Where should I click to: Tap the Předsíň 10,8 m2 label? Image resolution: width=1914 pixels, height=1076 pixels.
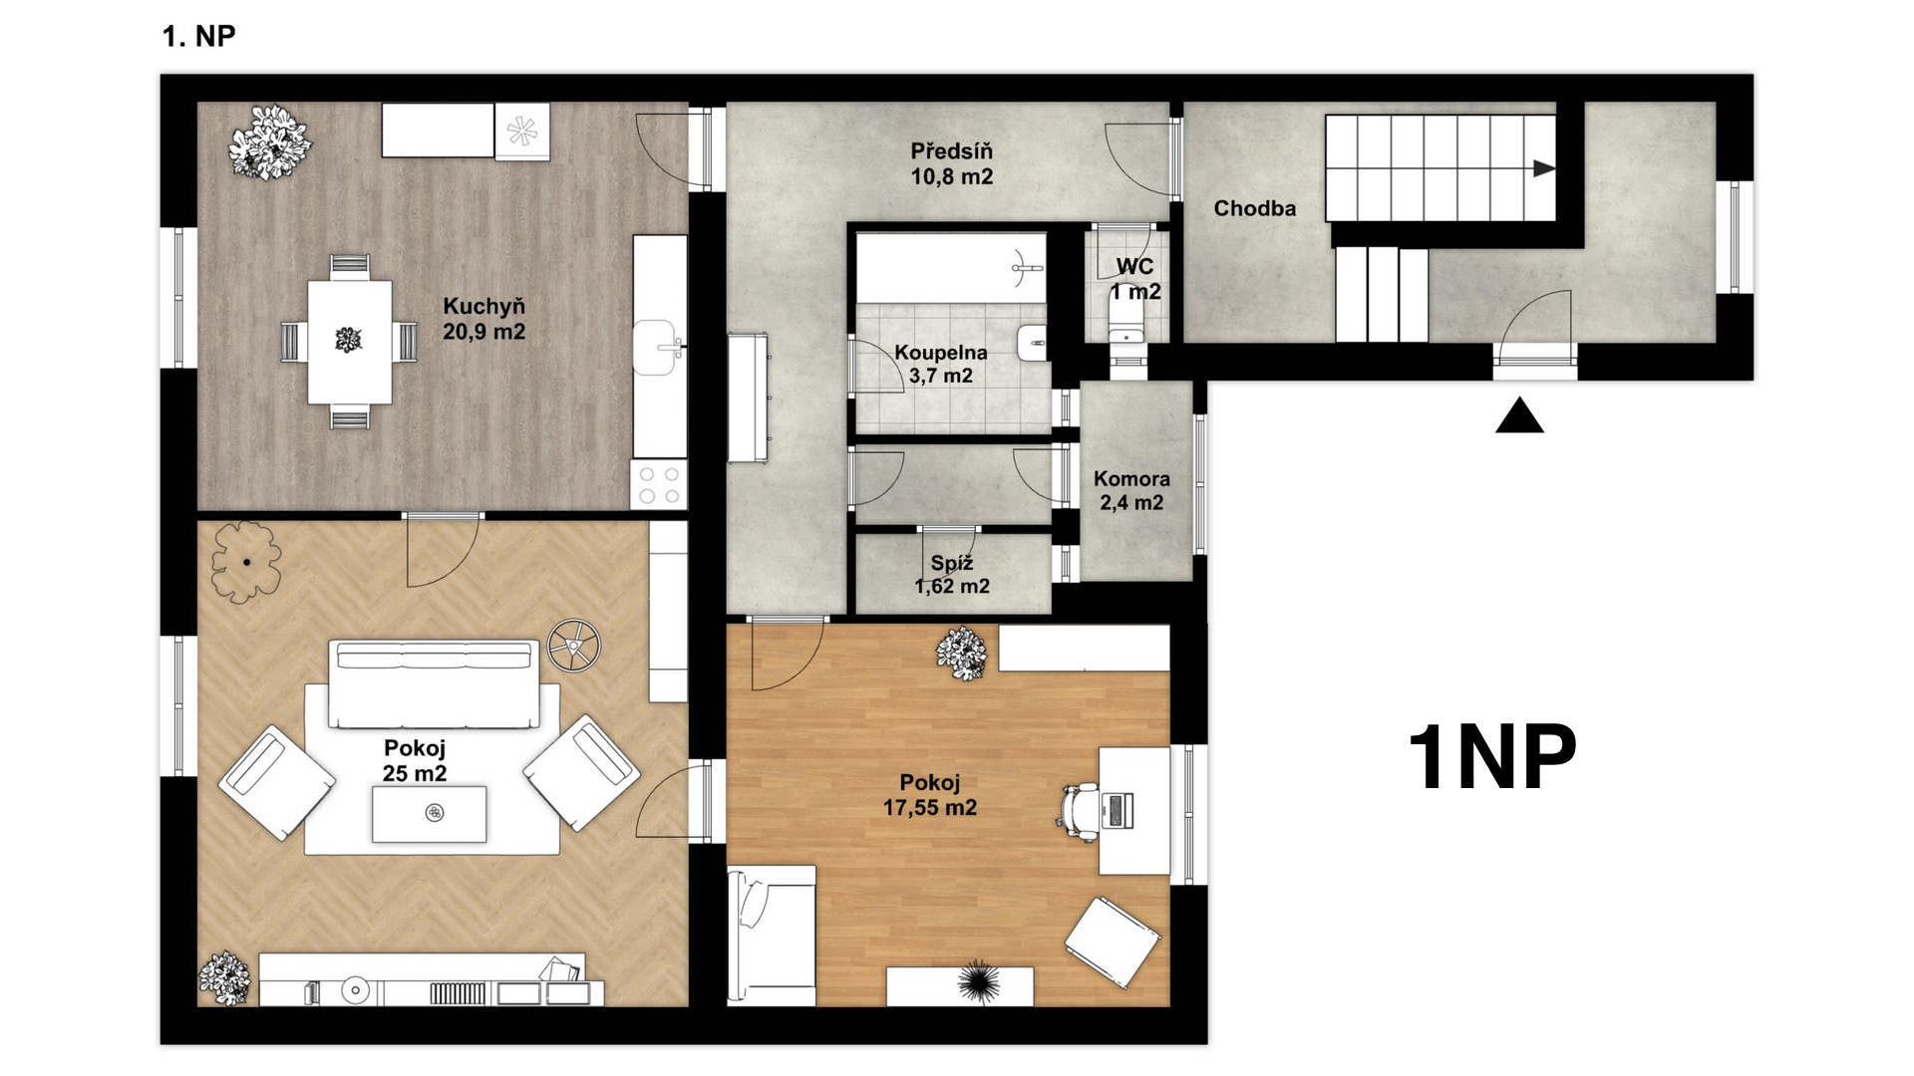pyautogui.click(x=951, y=164)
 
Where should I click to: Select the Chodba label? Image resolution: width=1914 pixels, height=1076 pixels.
pyautogui.click(x=1255, y=208)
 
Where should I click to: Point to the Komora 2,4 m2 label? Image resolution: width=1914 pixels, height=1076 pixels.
pyautogui.click(x=1131, y=490)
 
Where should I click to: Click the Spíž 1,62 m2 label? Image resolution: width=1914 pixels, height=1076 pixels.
pyautogui.click(x=952, y=575)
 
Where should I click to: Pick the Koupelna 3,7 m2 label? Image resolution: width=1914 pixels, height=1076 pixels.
pyautogui.click(x=940, y=364)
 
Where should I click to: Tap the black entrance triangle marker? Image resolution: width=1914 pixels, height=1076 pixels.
pyautogui.click(x=1519, y=415)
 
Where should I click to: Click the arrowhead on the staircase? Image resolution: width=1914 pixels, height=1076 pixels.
pyautogui.click(x=1544, y=168)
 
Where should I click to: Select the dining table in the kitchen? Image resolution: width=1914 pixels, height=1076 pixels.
pyautogui.click(x=349, y=342)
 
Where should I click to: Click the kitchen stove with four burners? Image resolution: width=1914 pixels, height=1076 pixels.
pyautogui.click(x=659, y=485)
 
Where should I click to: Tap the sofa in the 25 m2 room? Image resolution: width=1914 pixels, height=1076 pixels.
pyautogui.click(x=435, y=683)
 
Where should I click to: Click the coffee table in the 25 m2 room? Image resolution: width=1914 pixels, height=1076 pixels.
pyautogui.click(x=430, y=814)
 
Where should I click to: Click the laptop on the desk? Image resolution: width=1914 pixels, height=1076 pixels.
pyautogui.click(x=1117, y=809)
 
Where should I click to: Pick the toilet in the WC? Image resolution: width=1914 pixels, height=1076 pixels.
pyautogui.click(x=1127, y=321)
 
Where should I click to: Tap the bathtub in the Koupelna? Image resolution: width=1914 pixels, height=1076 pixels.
pyautogui.click(x=951, y=268)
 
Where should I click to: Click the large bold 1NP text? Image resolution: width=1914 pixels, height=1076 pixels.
pyautogui.click(x=1492, y=758)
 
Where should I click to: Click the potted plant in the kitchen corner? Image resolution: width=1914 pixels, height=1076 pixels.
pyautogui.click(x=268, y=141)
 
